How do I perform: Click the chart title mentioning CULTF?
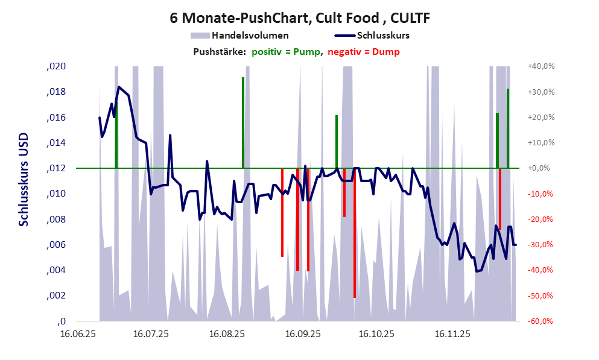(300, 18)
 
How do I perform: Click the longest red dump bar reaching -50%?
(355, 235)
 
